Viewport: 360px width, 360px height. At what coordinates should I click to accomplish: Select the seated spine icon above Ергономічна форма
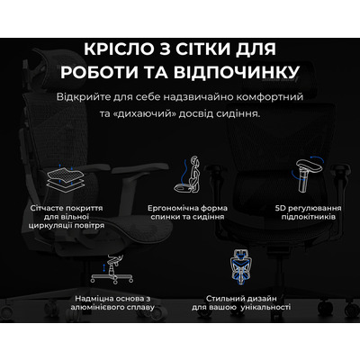[180, 175]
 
